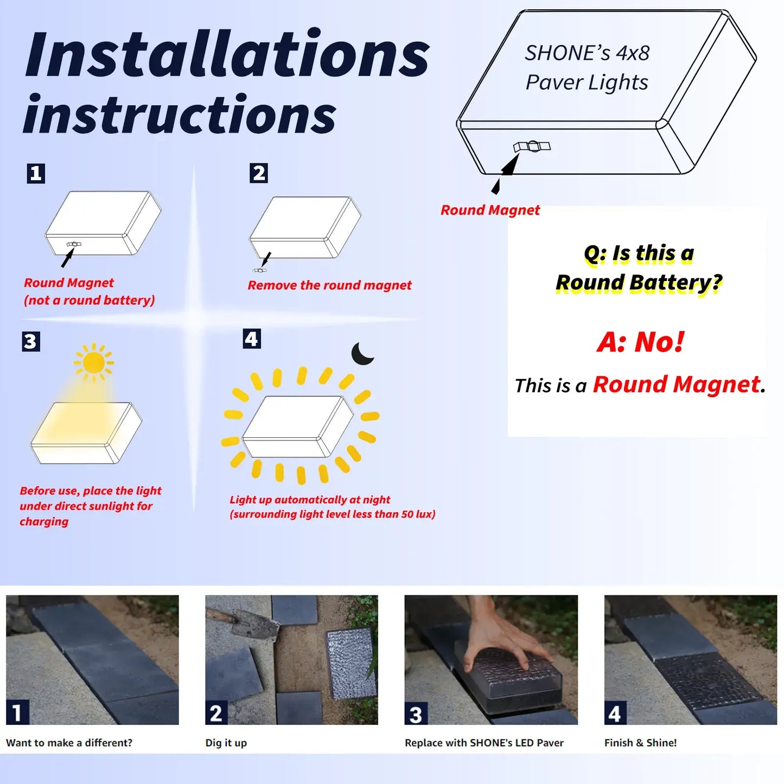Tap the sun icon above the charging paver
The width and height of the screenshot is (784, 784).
tap(94, 362)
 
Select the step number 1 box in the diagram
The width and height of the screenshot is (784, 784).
tap(36, 173)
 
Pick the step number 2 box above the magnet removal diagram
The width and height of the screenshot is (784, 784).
tap(259, 173)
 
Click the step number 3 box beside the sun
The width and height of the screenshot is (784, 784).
tap(31, 341)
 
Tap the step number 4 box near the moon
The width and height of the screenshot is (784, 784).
tap(251, 339)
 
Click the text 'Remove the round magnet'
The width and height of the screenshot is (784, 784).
tap(329, 285)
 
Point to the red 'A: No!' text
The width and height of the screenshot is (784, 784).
tap(640, 342)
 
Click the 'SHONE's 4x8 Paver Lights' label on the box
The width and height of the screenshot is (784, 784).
tap(587, 68)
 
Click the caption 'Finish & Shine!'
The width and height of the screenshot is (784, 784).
tap(640, 743)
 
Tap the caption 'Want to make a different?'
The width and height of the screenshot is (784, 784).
tap(69, 743)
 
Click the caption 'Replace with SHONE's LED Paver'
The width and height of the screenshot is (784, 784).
tap(484, 743)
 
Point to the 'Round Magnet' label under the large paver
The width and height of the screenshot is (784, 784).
tap(490, 210)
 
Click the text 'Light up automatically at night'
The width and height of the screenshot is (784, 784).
tap(310, 500)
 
